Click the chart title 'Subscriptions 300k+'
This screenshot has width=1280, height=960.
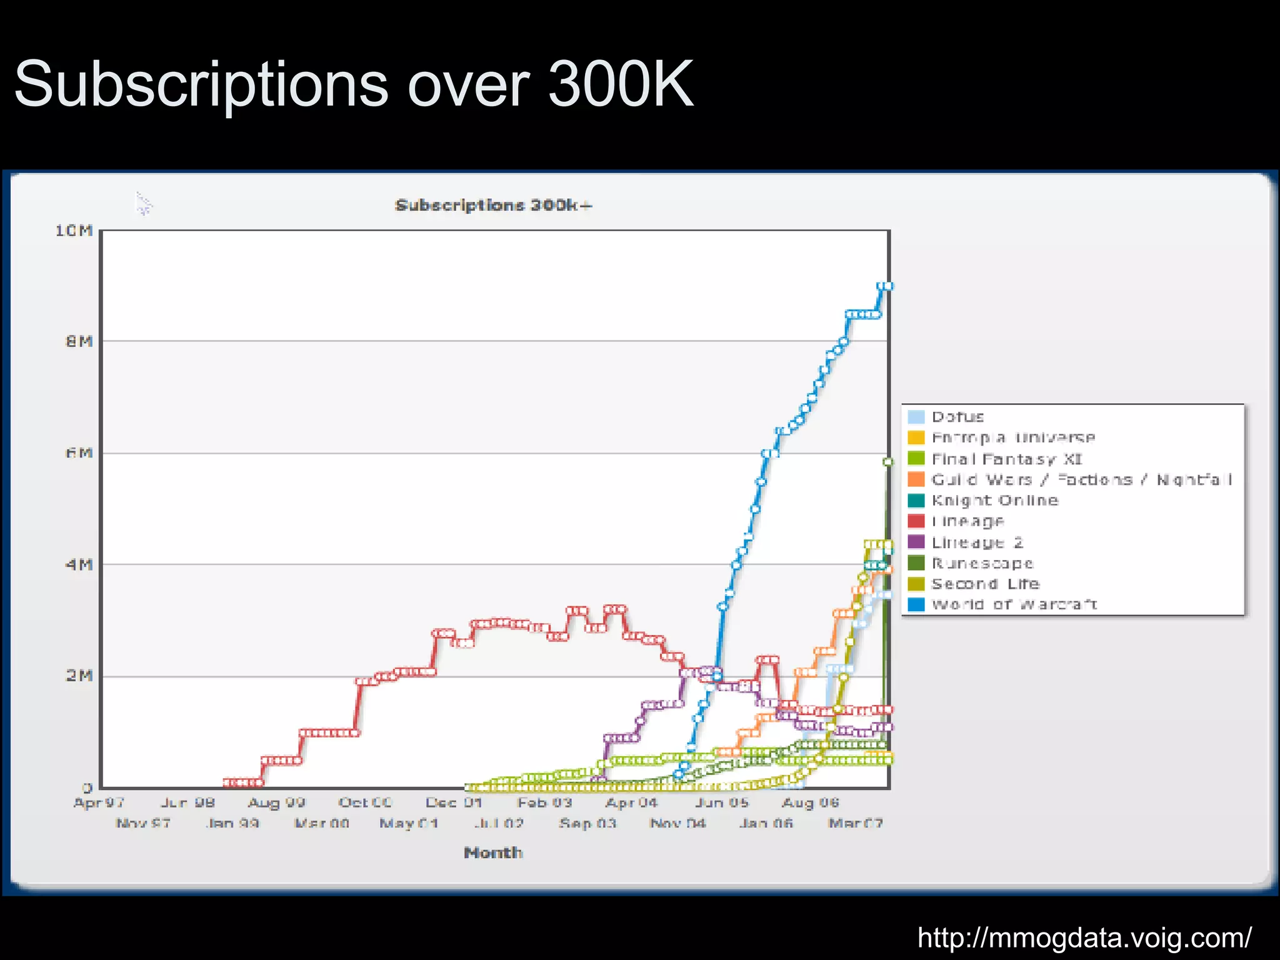pyautogui.click(x=493, y=205)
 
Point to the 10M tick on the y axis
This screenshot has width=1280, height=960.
pyautogui.click(x=74, y=231)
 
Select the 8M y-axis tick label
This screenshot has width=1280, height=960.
pyautogui.click(x=79, y=341)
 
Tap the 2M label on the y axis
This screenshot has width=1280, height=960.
pyautogui.click(x=79, y=676)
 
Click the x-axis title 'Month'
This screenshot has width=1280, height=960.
pyautogui.click(x=493, y=852)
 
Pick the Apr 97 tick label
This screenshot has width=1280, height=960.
pyautogui.click(x=99, y=802)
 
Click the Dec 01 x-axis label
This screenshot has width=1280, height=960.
pyautogui.click(x=454, y=802)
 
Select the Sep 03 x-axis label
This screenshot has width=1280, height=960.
pyautogui.click(x=587, y=823)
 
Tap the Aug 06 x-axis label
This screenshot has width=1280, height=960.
pyautogui.click(x=811, y=802)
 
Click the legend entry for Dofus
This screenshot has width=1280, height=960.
pyautogui.click(x=957, y=417)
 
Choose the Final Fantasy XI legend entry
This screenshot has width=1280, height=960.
pyautogui.click(x=1006, y=459)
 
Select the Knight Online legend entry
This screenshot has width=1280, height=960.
pyautogui.click(x=995, y=500)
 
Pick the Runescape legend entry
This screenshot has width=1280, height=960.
pyautogui.click(x=982, y=563)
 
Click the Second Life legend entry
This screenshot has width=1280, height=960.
pyautogui.click(x=985, y=584)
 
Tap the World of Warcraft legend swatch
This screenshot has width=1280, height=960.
pyautogui.click(x=916, y=604)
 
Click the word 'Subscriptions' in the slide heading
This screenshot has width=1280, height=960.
pyautogui.click(x=201, y=84)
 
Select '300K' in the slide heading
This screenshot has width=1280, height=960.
pyautogui.click(x=621, y=84)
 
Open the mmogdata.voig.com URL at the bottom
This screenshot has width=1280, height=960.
pyautogui.click(x=1084, y=937)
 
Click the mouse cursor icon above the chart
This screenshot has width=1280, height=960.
pyautogui.click(x=143, y=203)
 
